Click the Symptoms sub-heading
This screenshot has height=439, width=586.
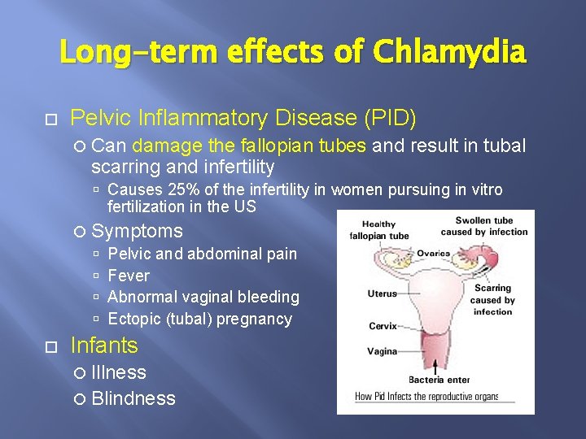[137, 232]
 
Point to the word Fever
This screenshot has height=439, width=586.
[129, 276]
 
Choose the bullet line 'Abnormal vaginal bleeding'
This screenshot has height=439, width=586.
[203, 298]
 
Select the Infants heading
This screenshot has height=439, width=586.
[104, 346]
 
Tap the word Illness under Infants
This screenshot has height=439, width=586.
[119, 372]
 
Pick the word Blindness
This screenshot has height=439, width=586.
[133, 398]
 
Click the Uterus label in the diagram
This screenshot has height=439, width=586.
[382, 293]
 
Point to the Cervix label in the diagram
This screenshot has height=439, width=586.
[383, 326]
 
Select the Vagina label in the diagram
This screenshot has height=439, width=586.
[382, 352]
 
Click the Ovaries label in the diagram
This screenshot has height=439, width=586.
[433, 254]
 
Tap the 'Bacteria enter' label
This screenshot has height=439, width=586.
[439, 380]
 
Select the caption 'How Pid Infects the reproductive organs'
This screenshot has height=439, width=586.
[426, 398]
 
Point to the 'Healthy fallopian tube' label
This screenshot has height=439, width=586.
[378, 230]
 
